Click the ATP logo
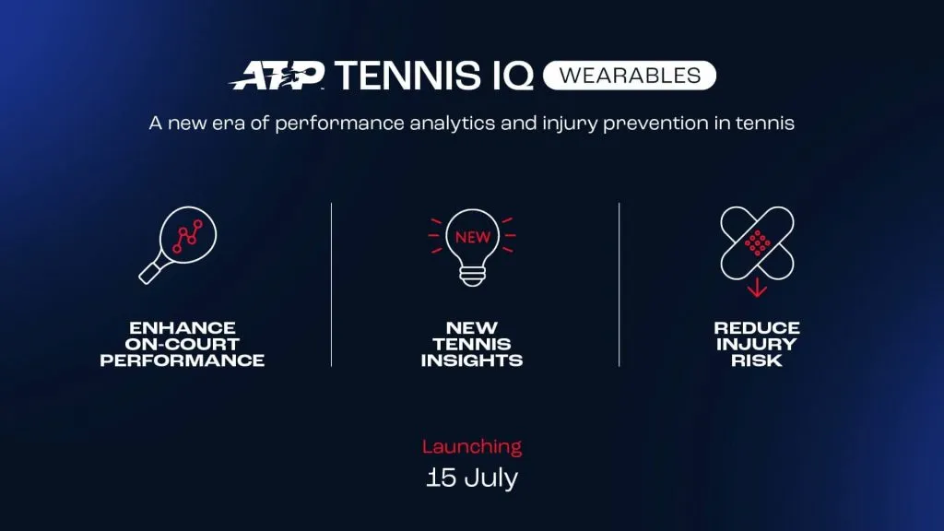coord(277,76)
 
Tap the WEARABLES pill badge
coord(629,75)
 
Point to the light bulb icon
coord(472,244)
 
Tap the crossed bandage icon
coord(757,242)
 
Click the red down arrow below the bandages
coord(757,288)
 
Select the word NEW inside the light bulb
coord(473,237)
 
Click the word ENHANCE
coord(183,328)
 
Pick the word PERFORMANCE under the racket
coord(183,360)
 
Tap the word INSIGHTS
coord(472,360)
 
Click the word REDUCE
coord(757,328)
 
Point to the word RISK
coord(757,360)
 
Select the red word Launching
coord(472,447)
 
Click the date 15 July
coord(472,478)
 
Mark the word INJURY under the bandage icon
coord(757,345)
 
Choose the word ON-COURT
coord(183,345)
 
